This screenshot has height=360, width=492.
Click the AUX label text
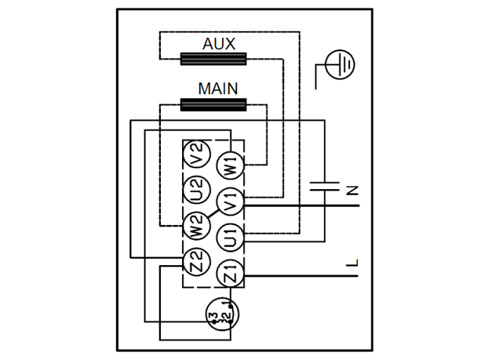(x=219, y=44)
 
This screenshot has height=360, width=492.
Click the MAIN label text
(x=218, y=89)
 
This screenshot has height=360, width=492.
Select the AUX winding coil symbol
(x=214, y=59)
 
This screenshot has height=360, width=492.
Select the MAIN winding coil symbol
(x=214, y=105)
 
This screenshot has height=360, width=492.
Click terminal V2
(x=197, y=155)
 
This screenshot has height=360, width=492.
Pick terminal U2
(x=197, y=191)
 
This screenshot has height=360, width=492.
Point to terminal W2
(x=197, y=226)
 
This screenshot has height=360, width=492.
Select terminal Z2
(x=197, y=263)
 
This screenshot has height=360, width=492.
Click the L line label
(x=353, y=264)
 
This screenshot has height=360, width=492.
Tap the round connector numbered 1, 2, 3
(x=223, y=314)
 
